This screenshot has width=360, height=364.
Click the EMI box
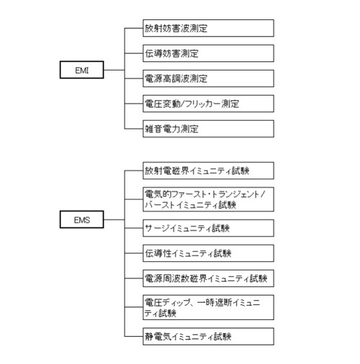82,70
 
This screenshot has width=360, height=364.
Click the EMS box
82,219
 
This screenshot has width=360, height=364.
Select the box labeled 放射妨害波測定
208,28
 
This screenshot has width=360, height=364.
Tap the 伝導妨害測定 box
208,53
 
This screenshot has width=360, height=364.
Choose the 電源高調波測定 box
208,78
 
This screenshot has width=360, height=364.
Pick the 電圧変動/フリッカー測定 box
208,104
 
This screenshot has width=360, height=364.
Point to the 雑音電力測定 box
208,129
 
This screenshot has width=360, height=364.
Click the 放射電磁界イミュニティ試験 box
208,170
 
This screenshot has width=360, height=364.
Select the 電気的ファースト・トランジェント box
208,199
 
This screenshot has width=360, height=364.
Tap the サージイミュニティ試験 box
208,228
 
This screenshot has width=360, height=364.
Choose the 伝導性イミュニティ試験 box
208,253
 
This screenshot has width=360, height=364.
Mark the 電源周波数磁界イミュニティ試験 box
208,278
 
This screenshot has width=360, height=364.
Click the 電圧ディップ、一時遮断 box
208,307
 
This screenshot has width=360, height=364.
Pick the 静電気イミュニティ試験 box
208,337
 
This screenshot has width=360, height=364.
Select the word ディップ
176,303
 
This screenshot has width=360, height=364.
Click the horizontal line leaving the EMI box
114,70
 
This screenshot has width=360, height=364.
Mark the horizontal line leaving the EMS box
114,219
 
